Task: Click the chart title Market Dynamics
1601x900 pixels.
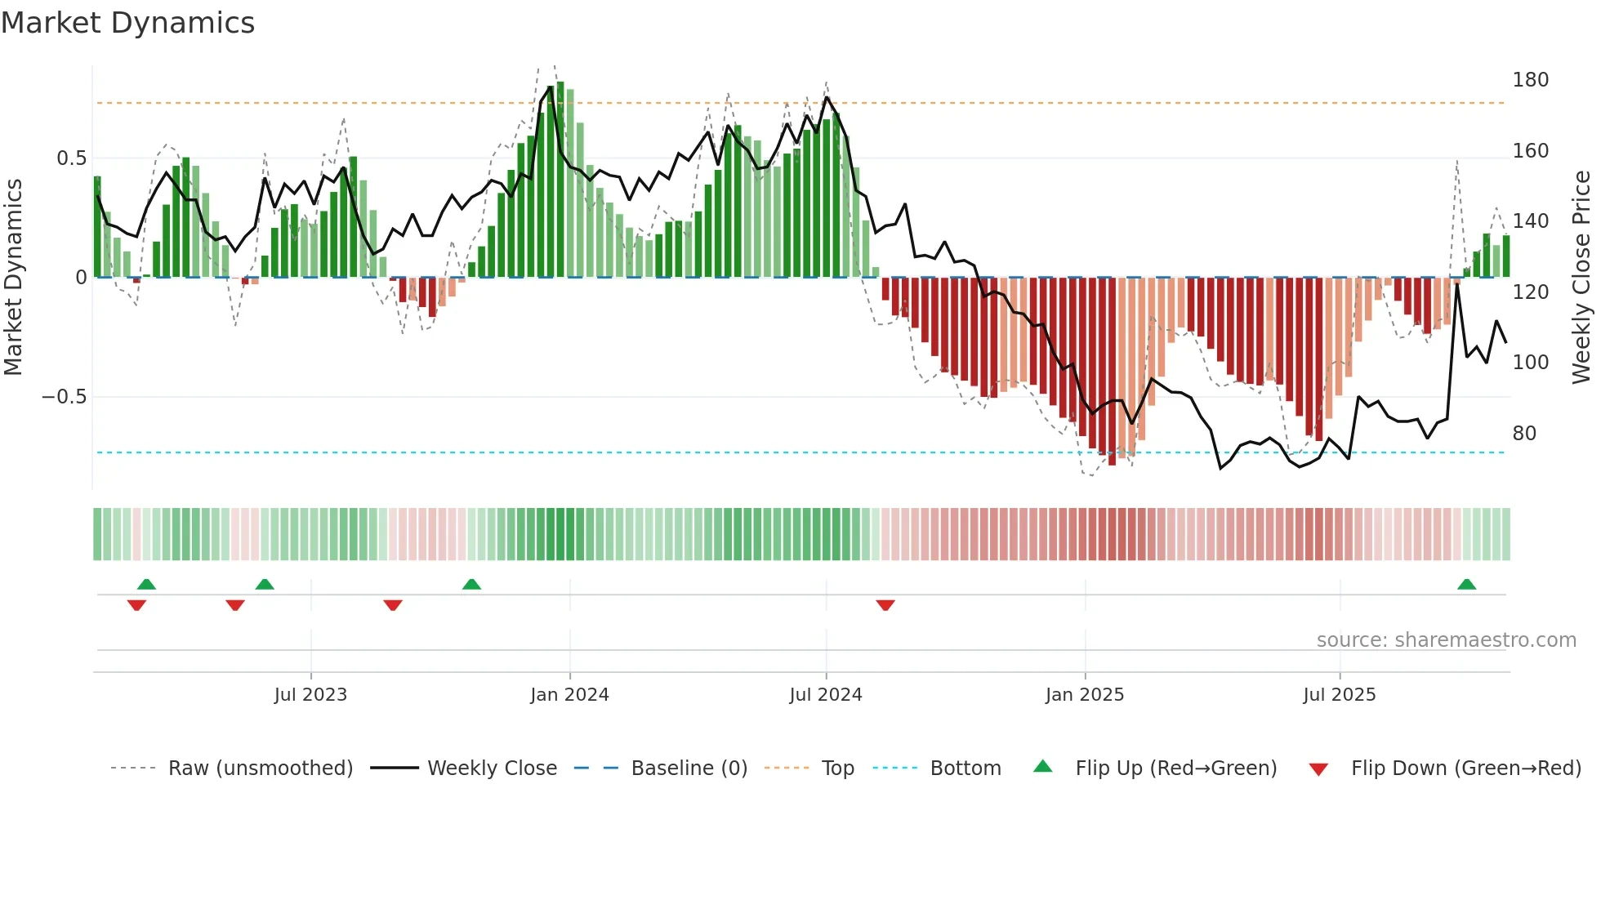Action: coord(127,23)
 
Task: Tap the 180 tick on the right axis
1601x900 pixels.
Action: coord(1530,80)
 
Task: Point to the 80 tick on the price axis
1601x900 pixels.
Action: coord(1524,434)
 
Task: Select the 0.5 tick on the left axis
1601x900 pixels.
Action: coord(71,158)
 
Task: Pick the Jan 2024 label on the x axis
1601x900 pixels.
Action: coord(569,695)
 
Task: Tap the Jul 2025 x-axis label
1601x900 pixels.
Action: coord(1339,695)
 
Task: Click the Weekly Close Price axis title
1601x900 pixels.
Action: coord(1581,278)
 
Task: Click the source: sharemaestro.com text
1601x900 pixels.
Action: coord(1446,640)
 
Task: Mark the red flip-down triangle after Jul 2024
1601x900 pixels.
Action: coord(885,605)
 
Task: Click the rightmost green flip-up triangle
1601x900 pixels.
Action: coord(1466,584)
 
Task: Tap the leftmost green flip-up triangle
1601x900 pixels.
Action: coord(146,584)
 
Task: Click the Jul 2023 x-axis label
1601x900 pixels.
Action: coord(310,695)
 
